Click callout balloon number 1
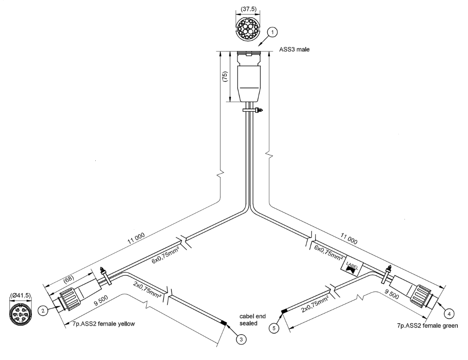[273, 31]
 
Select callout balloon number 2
[43, 311]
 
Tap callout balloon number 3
[241, 339]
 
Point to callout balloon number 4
[449, 313]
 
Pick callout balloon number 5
[275, 329]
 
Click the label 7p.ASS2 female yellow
[97, 324]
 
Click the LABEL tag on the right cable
[352, 266]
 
